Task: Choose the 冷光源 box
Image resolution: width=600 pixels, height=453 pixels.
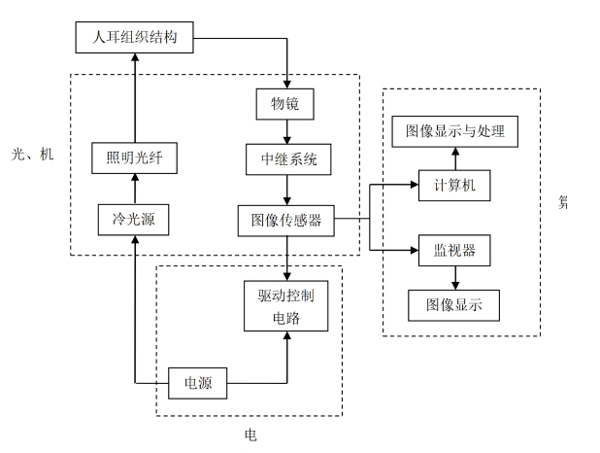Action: (x=134, y=221)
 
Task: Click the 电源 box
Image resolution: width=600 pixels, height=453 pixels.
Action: (x=197, y=383)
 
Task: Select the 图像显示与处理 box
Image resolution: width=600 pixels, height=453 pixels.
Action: (x=454, y=131)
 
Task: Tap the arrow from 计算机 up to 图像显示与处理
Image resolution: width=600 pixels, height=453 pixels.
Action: (x=454, y=158)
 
